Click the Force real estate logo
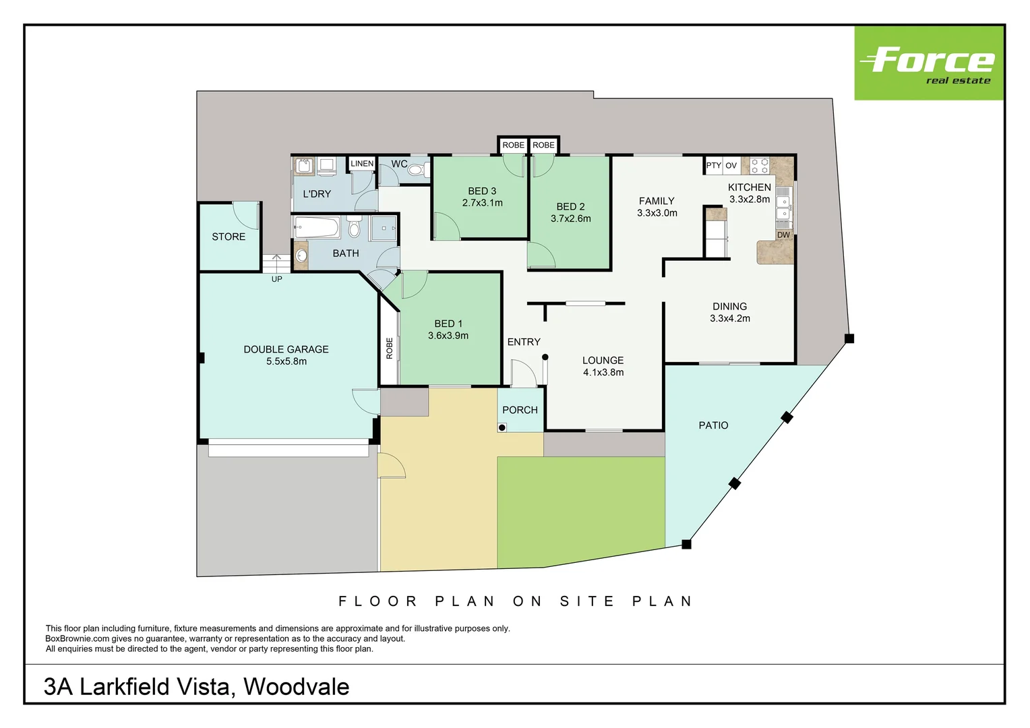pyautogui.click(x=928, y=63)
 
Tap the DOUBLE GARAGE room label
pyautogui.click(x=286, y=349)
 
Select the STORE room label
pyautogui.click(x=229, y=237)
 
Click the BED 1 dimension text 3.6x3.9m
pyautogui.click(x=448, y=336)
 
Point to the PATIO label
pyautogui.click(x=713, y=425)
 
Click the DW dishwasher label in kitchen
pyautogui.click(x=783, y=235)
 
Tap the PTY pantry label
pyautogui.click(x=713, y=165)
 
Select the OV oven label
pyautogui.click(x=731, y=165)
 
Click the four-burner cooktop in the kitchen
pyautogui.click(x=760, y=166)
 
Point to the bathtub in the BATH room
pyautogui.click(x=317, y=227)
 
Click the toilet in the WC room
pyautogui.click(x=416, y=170)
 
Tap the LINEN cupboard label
pyautogui.click(x=362, y=164)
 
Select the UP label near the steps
pyautogui.click(x=276, y=279)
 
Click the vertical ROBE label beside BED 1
pyautogui.click(x=390, y=348)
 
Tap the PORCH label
pyautogui.click(x=520, y=410)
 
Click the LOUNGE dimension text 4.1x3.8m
pyautogui.click(x=603, y=373)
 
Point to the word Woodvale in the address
pyautogui.click(x=296, y=687)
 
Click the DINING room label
pyautogui.click(x=729, y=307)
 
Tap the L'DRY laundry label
pyautogui.click(x=317, y=194)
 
